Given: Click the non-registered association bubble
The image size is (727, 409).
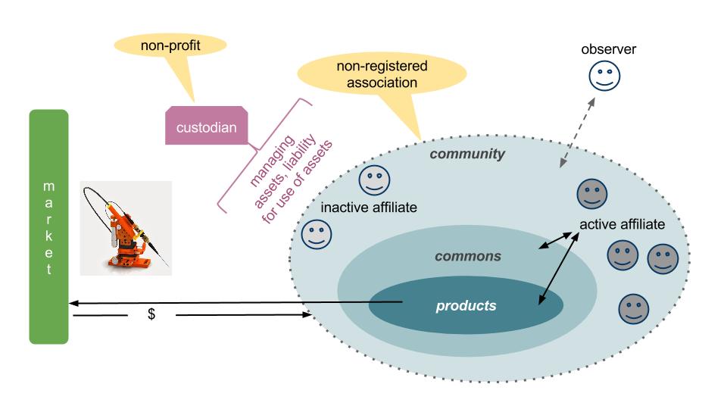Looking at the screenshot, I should (370, 73).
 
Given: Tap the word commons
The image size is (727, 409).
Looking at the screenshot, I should (468, 256).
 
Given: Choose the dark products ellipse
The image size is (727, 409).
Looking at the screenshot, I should (466, 306).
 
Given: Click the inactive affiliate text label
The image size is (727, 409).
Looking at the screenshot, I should (369, 207).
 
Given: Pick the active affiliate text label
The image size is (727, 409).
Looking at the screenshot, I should (622, 224).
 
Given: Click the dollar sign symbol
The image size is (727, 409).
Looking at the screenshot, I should (151, 314).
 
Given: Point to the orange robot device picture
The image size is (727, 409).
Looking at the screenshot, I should (126, 227).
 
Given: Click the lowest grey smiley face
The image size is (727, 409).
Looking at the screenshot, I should (633, 308).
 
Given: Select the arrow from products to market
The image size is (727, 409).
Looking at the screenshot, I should (227, 303).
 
